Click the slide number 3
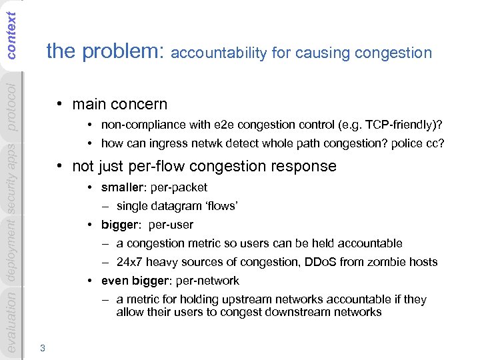pyautogui.click(x=43, y=347)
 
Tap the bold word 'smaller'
pyautogui.click(x=121, y=187)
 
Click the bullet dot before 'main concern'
pyautogui.click(x=60, y=105)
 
